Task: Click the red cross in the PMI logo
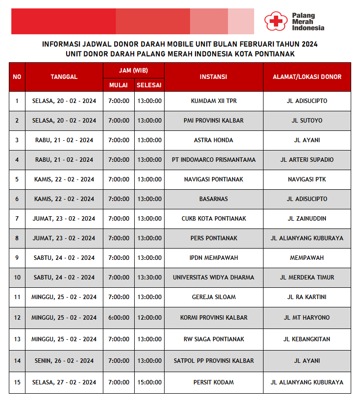click(x=276, y=21)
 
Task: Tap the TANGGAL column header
click(x=64, y=76)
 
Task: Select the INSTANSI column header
click(x=214, y=76)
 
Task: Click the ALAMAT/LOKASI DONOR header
click(x=307, y=76)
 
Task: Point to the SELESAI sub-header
click(x=149, y=85)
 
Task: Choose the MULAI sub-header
click(x=119, y=85)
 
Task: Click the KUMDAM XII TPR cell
click(x=214, y=101)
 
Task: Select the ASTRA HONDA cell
click(x=214, y=140)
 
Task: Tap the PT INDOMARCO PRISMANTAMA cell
click(x=214, y=160)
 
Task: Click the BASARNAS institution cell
click(x=214, y=199)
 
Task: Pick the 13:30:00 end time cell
click(x=149, y=278)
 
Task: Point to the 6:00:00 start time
click(x=119, y=318)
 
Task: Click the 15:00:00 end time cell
click(x=149, y=382)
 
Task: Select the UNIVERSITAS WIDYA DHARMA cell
click(x=214, y=278)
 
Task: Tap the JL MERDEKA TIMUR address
click(x=307, y=278)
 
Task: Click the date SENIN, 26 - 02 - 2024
click(x=64, y=361)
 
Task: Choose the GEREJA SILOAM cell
click(x=214, y=297)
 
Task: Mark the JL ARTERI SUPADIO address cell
click(x=307, y=160)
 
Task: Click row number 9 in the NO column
click(x=17, y=258)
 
